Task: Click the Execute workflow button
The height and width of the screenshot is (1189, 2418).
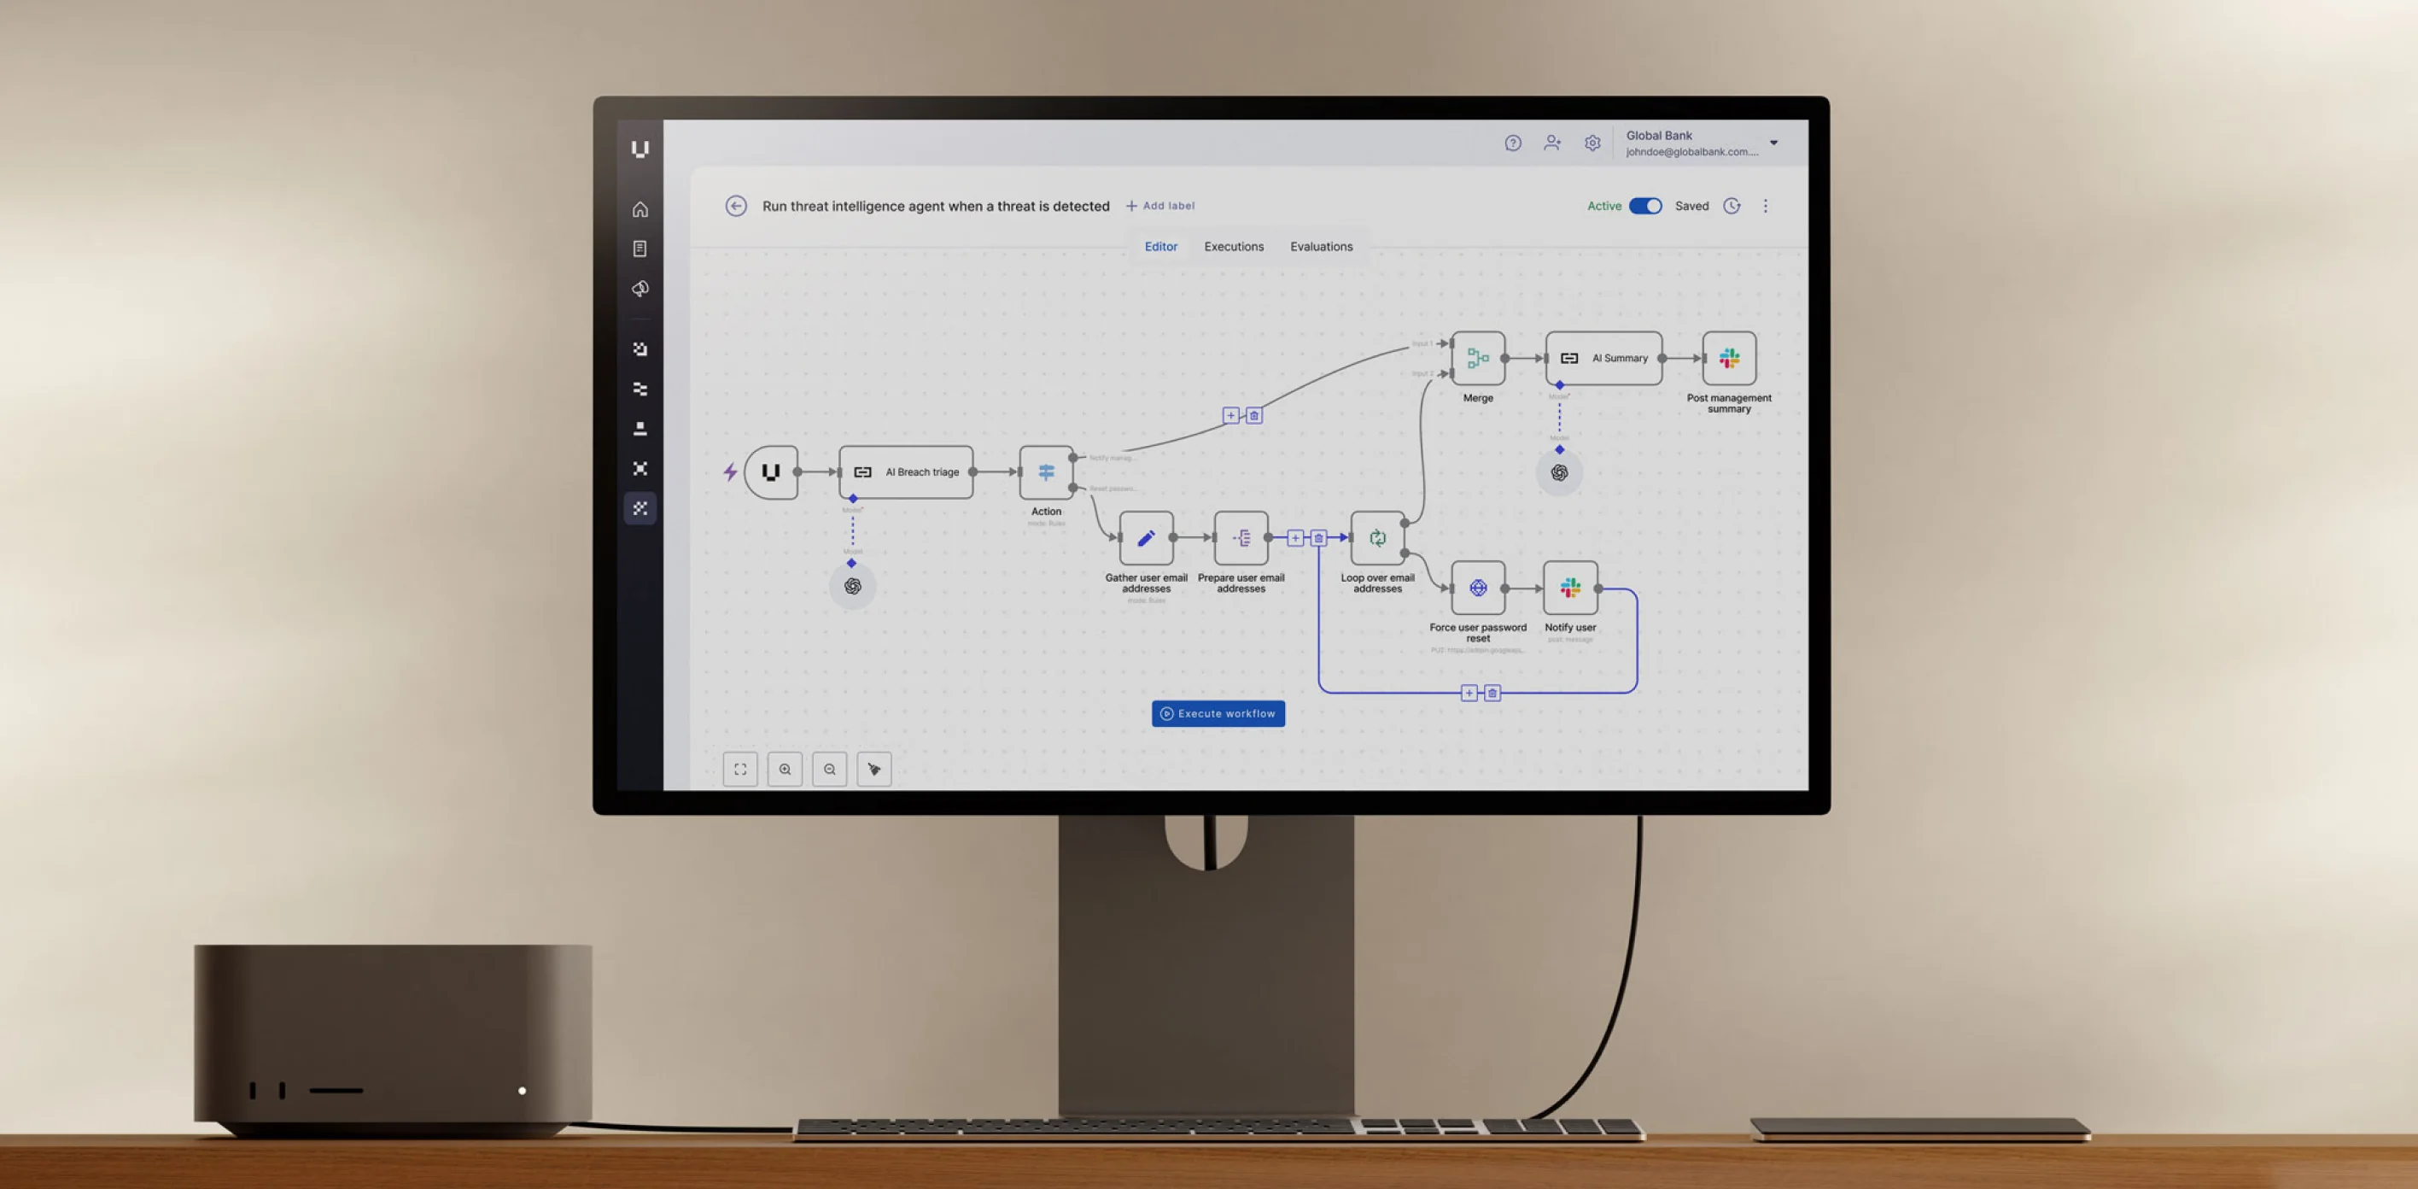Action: pos(1218,714)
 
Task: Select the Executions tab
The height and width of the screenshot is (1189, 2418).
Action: pos(1234,247)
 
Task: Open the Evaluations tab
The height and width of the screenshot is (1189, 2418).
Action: pos(1321,247)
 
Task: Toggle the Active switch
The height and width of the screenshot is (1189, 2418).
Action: pos(1644,207)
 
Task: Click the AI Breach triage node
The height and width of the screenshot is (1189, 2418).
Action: pos(906,472)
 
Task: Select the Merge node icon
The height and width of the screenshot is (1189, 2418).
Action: pos(1477,358)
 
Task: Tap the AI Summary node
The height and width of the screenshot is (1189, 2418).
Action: pos(1603,358)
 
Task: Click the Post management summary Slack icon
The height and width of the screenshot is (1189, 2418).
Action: pos(1729,358)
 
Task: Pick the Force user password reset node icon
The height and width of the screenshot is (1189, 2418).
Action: pos(1477,588)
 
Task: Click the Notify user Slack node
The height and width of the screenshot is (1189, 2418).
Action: pos(1570,588)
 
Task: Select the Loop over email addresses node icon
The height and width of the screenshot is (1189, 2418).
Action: pos(1377,538)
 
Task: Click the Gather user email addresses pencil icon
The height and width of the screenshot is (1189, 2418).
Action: pos(1146,538)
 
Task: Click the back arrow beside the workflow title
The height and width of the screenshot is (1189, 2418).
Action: pos(736,207)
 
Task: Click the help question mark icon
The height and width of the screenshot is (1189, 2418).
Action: pos(1512,143)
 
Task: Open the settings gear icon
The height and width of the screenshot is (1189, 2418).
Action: pos(1592,143)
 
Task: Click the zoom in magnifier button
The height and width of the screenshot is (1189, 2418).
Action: pos(785,770)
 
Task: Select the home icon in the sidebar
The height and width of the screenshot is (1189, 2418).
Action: pos(640,209)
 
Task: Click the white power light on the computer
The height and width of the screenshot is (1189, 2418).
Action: pos(522,1091)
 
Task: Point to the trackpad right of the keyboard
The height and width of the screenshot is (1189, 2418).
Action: pos(1919,1127)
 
